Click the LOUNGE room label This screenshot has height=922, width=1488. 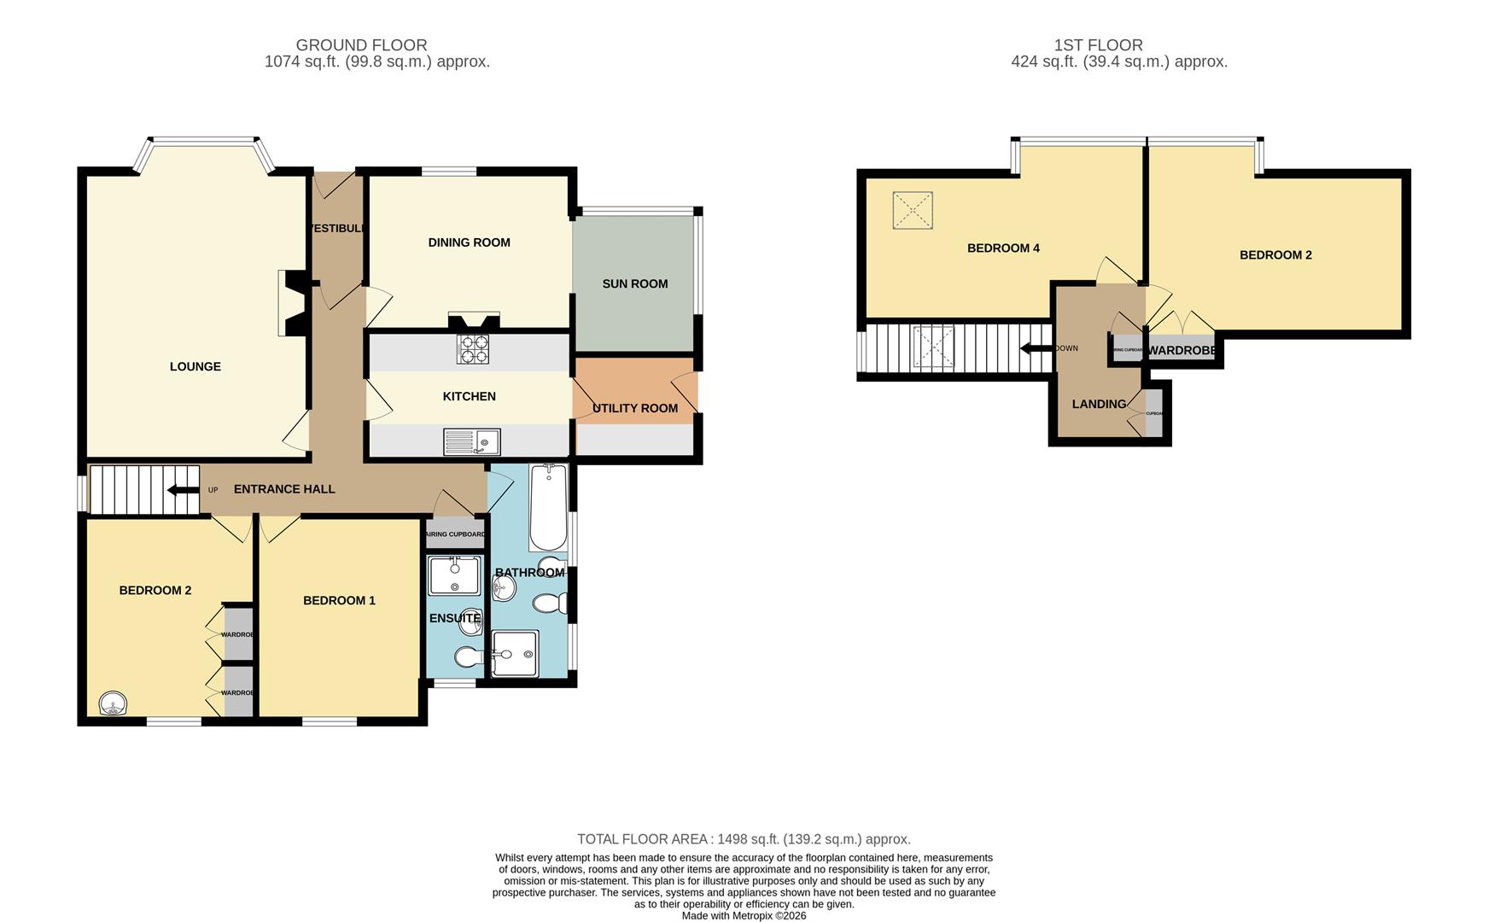[x=195, y=366]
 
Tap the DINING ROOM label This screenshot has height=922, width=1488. [x=469, y=242]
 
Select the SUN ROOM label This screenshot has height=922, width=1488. [x=634, y=283]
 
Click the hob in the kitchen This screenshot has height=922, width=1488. [x=473, y=348]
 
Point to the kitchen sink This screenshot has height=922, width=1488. [x=471, y=441]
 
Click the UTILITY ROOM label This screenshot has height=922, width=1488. [x=634, y=408]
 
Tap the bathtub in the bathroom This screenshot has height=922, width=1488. [x=547, y=507]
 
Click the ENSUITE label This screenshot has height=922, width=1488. [x=455, y=618]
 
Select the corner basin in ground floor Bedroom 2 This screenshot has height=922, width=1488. [x=113, y=703]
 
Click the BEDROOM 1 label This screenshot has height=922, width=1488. [x=339, y=600]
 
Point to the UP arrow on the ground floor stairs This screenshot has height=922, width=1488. [x=182, y=490]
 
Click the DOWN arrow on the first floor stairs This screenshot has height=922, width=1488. [x=1036, y=348]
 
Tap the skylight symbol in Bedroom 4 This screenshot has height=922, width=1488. [x=912, y=210]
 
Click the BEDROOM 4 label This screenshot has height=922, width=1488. [x=1002, y=248]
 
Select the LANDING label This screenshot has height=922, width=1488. [x=1099, y=404]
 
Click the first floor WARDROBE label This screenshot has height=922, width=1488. [x=1182, y=351]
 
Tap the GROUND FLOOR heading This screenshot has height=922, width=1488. [x=361, y=45]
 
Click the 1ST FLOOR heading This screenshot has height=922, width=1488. [x=1098, y=45]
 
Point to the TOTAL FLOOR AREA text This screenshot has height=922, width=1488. [x=743, y=839]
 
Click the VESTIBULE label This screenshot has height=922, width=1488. [x=338, y=229]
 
